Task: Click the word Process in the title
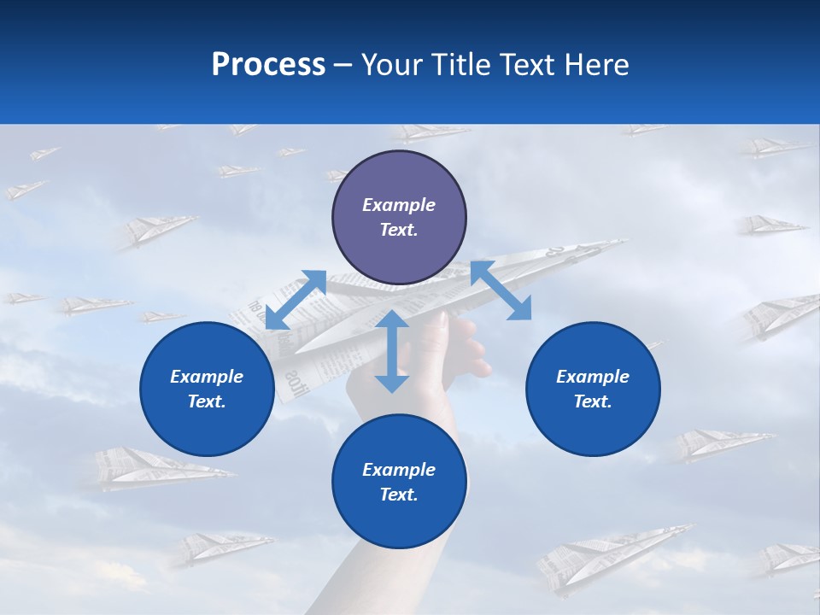268,65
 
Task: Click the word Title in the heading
460,65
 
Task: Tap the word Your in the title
392,65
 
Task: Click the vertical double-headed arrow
392,351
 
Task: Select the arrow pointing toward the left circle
296,300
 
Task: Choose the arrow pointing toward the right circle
501,290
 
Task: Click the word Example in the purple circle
399,205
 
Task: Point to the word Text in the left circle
207,401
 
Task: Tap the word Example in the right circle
593,377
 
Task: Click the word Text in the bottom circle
399,495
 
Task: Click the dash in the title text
343,65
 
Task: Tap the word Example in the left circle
207,377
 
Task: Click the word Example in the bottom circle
399,470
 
